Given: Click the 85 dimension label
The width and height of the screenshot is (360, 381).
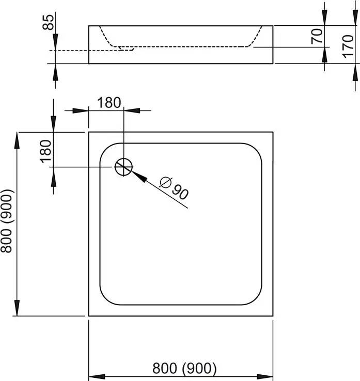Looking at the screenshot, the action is point(48,22).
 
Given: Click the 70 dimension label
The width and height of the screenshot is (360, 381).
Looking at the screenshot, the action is point(317,36).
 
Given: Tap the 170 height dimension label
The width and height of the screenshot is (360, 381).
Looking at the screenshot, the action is point(348,46).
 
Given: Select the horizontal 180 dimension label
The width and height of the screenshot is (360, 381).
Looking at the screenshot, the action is point(109,103).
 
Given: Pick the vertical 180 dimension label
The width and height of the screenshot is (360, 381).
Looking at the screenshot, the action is point(45,151).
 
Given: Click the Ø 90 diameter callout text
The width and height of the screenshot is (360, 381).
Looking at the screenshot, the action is point(174,188).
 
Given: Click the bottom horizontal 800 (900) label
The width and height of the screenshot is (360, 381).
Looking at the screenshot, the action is point(184,369).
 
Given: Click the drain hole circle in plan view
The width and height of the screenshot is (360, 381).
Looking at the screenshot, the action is point(124,158).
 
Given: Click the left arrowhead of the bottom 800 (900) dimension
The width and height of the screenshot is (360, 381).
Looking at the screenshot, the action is point(97,377).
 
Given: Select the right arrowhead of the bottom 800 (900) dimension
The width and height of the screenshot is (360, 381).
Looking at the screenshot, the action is point(265,377).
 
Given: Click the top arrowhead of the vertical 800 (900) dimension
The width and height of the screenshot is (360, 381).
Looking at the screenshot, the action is point(17,140).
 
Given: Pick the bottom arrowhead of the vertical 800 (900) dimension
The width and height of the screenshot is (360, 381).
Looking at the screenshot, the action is point(17,308).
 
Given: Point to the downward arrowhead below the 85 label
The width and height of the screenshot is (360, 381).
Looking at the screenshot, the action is point(55,42).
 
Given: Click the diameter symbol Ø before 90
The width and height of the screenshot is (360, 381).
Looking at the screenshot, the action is point(165,182).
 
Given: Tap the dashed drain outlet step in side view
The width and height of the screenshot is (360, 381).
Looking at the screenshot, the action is point(126,49).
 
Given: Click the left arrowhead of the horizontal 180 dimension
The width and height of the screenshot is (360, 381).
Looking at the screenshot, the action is point(81,111).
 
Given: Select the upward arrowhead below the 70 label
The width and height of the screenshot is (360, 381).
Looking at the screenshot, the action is point(324,55).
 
